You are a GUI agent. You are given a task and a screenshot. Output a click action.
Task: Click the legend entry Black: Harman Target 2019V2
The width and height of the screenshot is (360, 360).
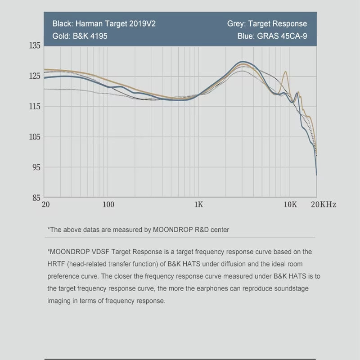[x=104, y=24]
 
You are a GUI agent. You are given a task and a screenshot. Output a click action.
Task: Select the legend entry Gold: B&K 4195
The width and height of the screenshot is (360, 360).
[x=80, y=36]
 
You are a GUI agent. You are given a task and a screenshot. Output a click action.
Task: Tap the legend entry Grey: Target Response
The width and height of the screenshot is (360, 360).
[x=267, y=24]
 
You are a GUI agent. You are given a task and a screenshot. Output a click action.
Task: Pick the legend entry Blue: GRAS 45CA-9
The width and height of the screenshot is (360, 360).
[x=272, y=36]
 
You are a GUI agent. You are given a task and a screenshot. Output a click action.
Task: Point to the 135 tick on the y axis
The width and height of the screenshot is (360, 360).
[x=35, y=46]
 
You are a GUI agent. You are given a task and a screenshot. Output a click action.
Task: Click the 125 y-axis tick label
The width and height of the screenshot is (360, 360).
[x=35, y=76]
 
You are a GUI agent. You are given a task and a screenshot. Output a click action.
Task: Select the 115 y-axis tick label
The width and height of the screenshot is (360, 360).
[x=35, y=107]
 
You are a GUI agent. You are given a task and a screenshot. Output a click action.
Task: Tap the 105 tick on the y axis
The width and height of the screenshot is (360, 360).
[x=35, y=137]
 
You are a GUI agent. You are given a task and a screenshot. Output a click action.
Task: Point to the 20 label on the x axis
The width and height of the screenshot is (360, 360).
[x=45, y=204]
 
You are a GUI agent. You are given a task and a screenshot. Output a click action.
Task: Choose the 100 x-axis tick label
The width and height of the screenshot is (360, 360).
[x=108, y=204]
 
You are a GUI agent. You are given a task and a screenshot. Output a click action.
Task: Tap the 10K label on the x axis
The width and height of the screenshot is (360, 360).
[x=290, y=204]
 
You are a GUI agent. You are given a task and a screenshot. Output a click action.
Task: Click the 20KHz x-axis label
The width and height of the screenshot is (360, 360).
[x=323, y=204]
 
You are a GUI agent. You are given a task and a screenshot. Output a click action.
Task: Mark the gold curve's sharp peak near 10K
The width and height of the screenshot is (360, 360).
[x=285, y=72]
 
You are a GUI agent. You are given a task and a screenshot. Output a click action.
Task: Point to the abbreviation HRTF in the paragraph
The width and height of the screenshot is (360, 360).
[x=56, y=264]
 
